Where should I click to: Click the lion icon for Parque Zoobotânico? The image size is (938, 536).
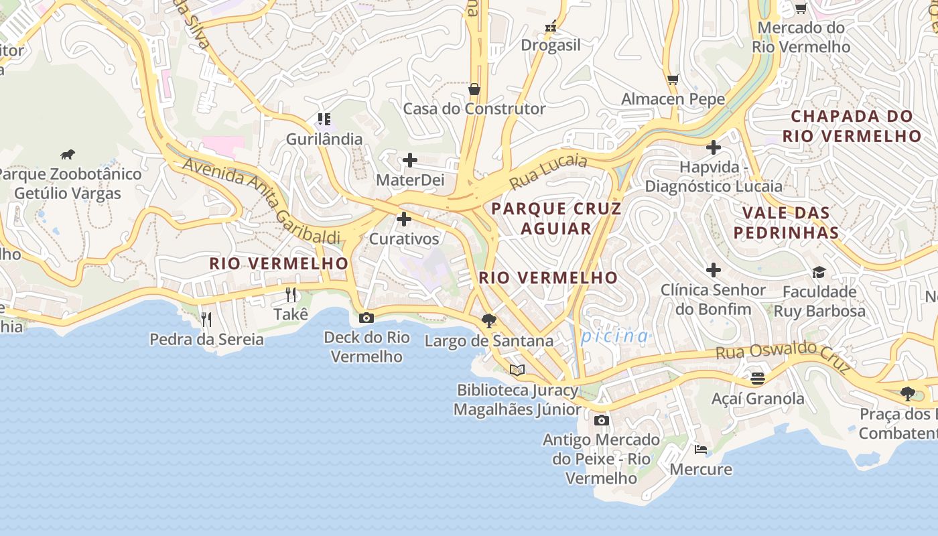pyautogui.click(x=68, y=155)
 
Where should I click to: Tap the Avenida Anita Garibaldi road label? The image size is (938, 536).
pyautogui.click(x=261, y=200)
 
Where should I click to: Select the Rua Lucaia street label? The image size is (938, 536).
pyautogui.click(x=547, y=172)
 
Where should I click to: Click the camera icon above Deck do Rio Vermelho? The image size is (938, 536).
pyautogui.click(x=366, y=318)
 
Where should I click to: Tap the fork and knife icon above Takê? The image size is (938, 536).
pyautogui.click(x=291, y=294)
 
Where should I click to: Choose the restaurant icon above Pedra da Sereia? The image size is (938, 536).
pyautogui.click(x=206, y=319)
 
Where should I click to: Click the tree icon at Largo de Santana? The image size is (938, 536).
pyautogui.click(x=489, y=321)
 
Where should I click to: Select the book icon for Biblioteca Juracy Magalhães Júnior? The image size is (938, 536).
pyautogui.click(x=517, y=370)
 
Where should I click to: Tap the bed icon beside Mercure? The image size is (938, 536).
pyautogui.click(x=700, y=449)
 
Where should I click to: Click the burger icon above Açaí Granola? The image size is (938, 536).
pyautogui.click(x=757, y=379)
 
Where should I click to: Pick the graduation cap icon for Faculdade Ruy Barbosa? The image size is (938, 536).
pyautogui.click(x=819, y=271)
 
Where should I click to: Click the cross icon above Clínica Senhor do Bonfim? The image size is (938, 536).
pyautogui.click(x=713, y=270)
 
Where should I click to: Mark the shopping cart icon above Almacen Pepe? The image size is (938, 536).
pyautogui.click(x=673, y=79)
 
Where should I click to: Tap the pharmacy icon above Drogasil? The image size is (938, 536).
pyautogui.click(x=551, y=26)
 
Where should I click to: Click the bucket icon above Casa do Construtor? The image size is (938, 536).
pyautogui.click(x=474, y=88)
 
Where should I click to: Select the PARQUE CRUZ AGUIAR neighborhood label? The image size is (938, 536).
pyautogui.click(x=556, y=218)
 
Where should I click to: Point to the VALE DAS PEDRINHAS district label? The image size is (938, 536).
pyautogui.click(x=786, y=222)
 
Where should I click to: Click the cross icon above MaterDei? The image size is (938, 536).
pyautogui.click(x=409, y=160)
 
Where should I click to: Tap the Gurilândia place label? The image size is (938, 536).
pyautogui.click(x=324, y=139)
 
